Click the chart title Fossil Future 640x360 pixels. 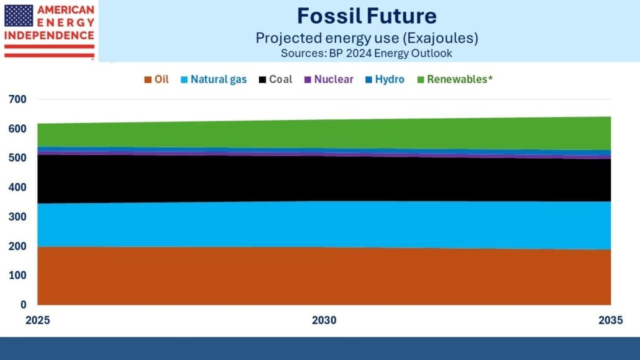tap(367, 16)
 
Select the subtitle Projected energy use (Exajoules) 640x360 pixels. tap(367, 38)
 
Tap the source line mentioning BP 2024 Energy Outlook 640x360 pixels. tap(367, 53)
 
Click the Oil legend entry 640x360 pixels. tap(157, 79)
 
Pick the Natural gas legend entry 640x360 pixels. tap(214, 79)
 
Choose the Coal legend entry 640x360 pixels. tap(275, 79)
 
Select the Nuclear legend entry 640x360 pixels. tap(329, 79)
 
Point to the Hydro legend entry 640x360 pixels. tap(385, 79)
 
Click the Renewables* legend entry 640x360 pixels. tap(455, 79)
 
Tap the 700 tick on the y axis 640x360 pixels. tap(17, 99)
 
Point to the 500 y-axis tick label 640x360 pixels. tap(17, 158)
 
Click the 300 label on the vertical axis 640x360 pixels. tap(17, 216)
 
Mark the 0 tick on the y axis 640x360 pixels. tap(23, 305)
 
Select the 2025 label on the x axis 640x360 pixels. tap(37, 320)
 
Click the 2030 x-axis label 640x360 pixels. tap(324, 320)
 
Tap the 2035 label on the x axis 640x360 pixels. tap(611, 320)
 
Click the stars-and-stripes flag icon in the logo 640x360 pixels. tap(19, 16)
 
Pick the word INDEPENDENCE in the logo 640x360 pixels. tap(49, 35)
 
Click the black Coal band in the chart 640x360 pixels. tap(324, 179)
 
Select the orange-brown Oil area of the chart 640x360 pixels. tap(324, 276)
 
